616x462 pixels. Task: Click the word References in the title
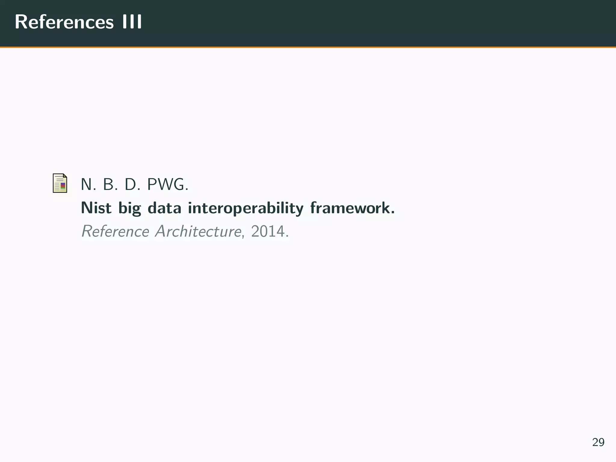(x=64, y=22)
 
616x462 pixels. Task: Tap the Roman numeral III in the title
(x=132, y=22)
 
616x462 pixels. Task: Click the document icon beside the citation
(x=60, y=183)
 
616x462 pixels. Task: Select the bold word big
(x=130, y=208)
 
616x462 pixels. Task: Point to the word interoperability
(x=246, y=208)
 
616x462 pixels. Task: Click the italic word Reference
(x=115, y=231)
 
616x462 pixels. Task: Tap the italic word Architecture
(x=198, y=231)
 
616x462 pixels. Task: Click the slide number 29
(x=598, y=442)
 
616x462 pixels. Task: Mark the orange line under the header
(x=308, y=47)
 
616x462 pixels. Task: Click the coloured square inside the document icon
(x=63, y=185)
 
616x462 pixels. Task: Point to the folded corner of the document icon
(x=65, y=176)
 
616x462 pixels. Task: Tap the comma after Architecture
(x=243, y=236)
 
